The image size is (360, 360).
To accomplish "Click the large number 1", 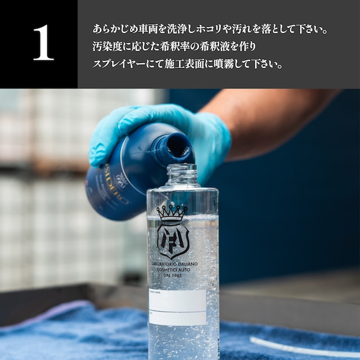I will coord(43,43).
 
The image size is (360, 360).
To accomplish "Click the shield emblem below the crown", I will coord(172,240).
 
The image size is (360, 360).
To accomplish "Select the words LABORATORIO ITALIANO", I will coord(181,264).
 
